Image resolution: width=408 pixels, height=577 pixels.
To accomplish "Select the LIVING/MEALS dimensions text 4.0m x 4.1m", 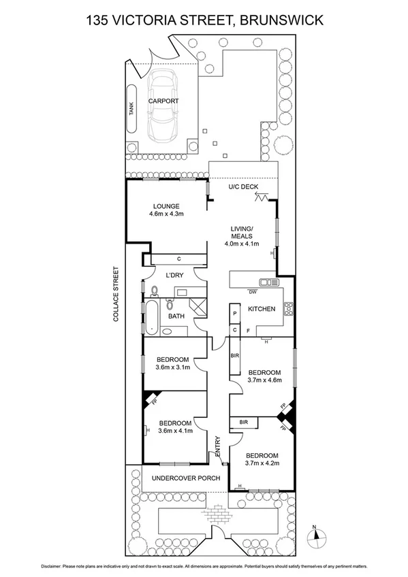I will pos(242,244).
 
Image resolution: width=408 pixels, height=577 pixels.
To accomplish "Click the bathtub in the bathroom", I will pos(151,317).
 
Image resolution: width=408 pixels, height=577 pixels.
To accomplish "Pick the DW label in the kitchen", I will pos(252,293).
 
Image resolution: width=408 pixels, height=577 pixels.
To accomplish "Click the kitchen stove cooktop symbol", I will pos(288,309).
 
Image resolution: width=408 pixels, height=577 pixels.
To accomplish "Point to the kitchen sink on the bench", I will pos(265,282).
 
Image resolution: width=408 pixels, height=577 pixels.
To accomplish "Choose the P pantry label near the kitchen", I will pos(234,314).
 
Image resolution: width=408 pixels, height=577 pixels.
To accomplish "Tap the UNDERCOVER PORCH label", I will pos(186,478).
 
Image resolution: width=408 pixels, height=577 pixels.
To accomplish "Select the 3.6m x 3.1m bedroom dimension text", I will pos(172,368).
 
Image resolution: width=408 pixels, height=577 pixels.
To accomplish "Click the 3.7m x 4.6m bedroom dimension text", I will pos(264,381).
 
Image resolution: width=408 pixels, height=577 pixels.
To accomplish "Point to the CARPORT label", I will pos(163,101).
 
